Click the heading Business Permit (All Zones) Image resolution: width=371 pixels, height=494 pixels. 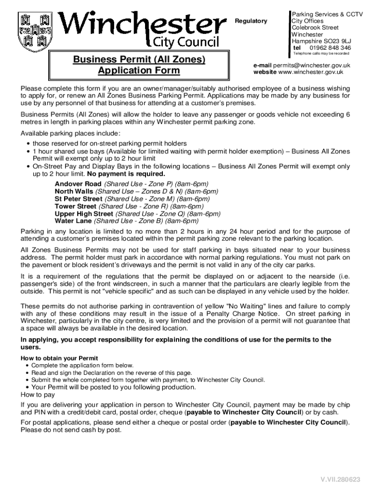point(139,59)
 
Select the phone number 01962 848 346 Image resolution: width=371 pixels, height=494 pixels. point(330,48)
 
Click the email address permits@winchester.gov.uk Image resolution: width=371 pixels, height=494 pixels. point(311,65)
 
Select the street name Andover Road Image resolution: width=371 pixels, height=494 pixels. point(78,184)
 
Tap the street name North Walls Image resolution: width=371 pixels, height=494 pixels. point(75,191)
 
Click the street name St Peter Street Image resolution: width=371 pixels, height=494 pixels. point(79,199)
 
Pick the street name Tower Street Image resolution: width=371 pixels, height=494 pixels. point(76,206)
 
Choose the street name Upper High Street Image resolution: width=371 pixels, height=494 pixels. point(84,214)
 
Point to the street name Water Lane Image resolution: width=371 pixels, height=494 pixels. point(73,221)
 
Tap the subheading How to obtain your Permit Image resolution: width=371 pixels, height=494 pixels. point(59,358)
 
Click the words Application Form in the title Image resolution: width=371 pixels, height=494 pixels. point(139,71)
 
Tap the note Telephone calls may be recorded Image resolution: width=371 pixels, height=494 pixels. point(321,54)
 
